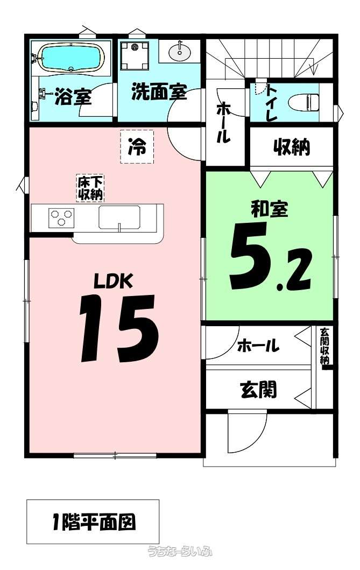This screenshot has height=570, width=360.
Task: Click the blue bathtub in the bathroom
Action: pyautogui.click(x=71, y=58)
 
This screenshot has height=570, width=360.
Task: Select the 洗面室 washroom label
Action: pyautogui.click(x=159, y=91)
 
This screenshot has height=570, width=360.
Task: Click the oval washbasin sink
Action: pyautogui.click(x=179, y=52)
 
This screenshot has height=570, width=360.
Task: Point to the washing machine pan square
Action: pyautogui.click(x=135, y=55)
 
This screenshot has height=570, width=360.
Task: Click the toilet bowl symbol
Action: pyautogui.click(x=303, y=101)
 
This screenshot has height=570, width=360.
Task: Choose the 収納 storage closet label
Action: pyautogui.click(x=292, y=147)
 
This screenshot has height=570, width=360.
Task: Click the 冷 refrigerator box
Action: pyautogui.click(x=137, y=146)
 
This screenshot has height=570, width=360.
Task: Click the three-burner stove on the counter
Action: pyautogui.click(x=61, y=218)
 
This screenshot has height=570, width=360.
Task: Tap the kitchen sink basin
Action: pyautogui.click(x=119, y=217)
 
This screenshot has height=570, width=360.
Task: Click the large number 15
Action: pyautogui.click(x=119, y=328)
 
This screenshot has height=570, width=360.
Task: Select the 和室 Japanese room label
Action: pyautogui.click(x=270, y=209)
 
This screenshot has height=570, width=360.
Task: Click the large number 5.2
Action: pyautogui.click(x=271, y=256)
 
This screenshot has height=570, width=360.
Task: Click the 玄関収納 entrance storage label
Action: pyautogui.click(x=324, y=346)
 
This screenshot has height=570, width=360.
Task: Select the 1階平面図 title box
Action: pyautogui.click(x=93, y=522)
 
